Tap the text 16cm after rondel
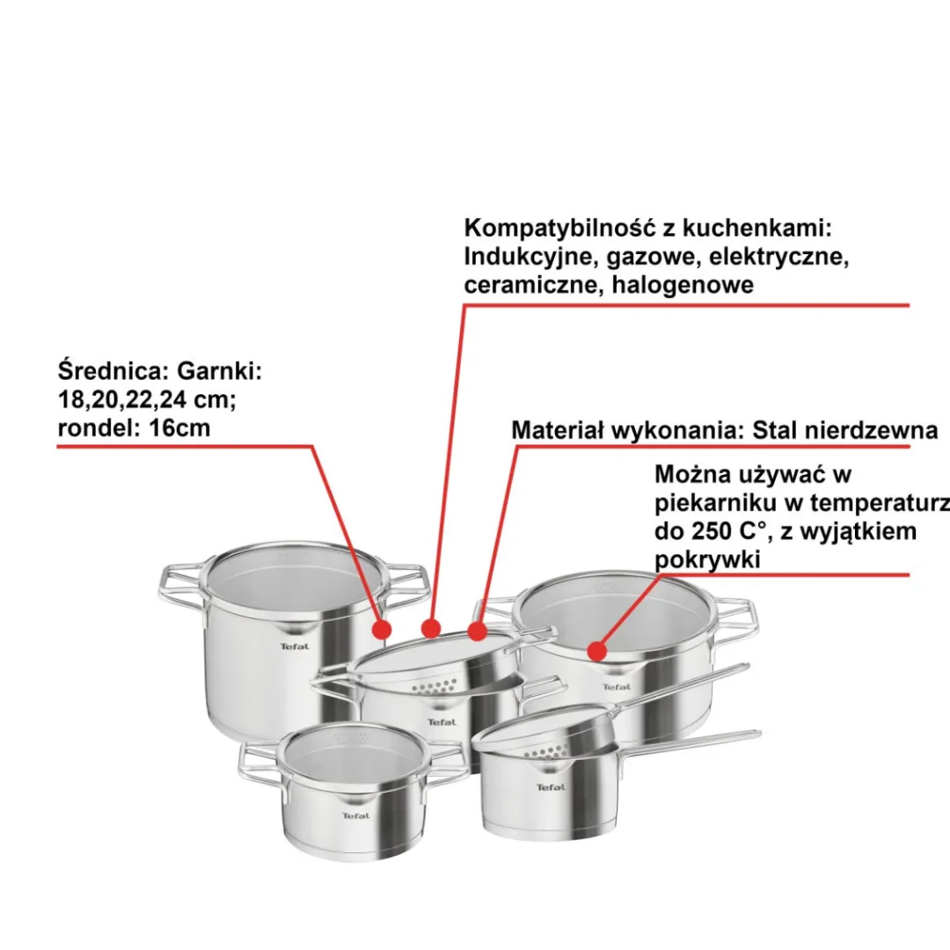coord(180,427)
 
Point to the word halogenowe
coord(683,284)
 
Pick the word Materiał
coord(557,430)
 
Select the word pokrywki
coord(707,559)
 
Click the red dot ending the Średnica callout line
coord(381,630)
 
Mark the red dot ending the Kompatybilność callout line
coord(431,628)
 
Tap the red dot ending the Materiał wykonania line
coord(478,632)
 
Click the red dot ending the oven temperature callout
coord(597,651)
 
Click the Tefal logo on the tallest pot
coord(295,647)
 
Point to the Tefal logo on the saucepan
coord(551,787)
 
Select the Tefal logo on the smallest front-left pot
coord(355,815)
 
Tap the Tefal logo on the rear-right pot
coord(617,686)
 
